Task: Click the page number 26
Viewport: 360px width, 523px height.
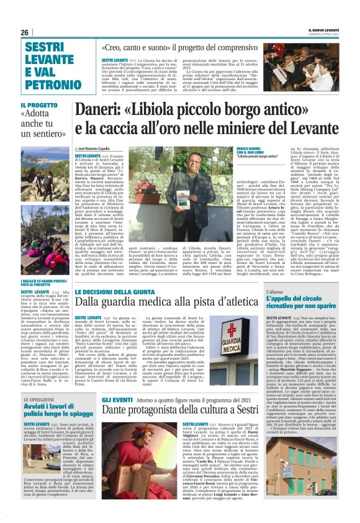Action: (x=25, y=32)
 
